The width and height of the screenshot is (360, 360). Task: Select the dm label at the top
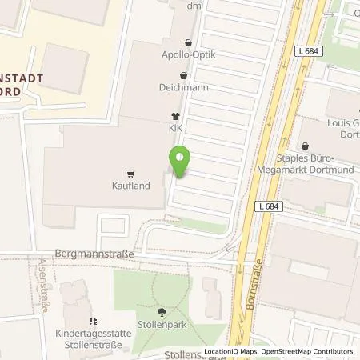point(193,6)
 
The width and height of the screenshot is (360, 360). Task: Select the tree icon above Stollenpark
point(162,313)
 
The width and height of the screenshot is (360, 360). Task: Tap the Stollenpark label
point(163,326)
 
